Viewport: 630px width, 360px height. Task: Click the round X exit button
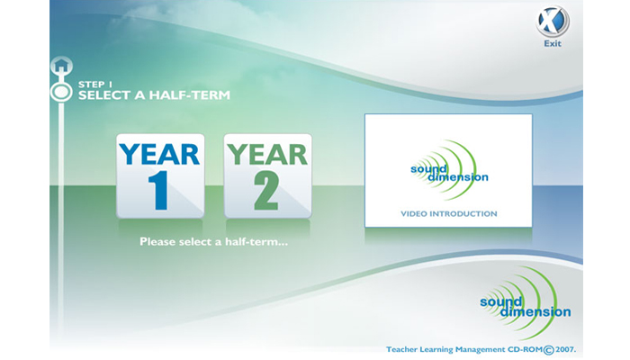point(553,22)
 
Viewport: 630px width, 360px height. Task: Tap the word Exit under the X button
point(553,43)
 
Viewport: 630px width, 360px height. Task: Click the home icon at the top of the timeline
point(61,65)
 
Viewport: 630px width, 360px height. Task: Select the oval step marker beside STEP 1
point(61,92)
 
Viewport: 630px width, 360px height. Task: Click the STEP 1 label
point(95,85)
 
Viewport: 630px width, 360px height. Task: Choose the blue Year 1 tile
point(160,176)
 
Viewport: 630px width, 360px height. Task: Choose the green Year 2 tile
point(267,176)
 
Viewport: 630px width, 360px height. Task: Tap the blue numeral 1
point(159,191)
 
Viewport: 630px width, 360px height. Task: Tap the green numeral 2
point(266,191)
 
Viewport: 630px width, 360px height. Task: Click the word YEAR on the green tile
point(267,155)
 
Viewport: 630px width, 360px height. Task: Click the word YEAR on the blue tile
point(159,155)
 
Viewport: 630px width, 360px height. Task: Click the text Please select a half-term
point(214,242)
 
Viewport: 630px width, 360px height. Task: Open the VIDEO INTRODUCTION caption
point(449,214)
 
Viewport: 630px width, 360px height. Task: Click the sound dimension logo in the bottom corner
point(525,303)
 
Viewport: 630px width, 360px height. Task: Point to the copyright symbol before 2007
point(548,350)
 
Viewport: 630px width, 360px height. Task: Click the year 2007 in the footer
point(564,349)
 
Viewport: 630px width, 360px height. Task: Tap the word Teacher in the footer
point(401,349)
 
